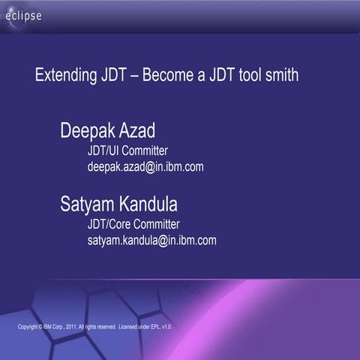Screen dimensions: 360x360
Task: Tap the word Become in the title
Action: (x=169, y=76)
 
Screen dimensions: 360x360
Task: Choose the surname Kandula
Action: (x=154, y=204)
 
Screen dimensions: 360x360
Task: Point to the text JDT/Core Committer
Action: (x=133, y=224)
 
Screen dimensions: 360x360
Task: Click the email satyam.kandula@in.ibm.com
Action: (x=151, y=240)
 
